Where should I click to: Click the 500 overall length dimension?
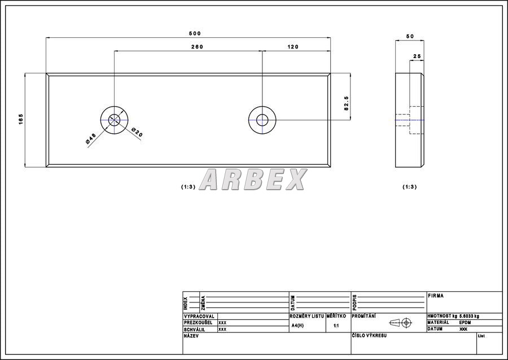[195, 33]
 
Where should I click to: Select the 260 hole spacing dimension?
[197, 47]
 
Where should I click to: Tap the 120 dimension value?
[293, 47]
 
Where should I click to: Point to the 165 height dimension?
[21, 119]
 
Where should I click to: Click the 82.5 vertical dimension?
[346, 103]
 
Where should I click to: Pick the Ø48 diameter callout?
[91, 139]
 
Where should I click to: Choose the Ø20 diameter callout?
[137, 133]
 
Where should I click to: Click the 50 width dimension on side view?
[410, 36]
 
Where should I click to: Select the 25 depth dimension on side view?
[417, 56]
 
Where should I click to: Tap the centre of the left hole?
[114, 120]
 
